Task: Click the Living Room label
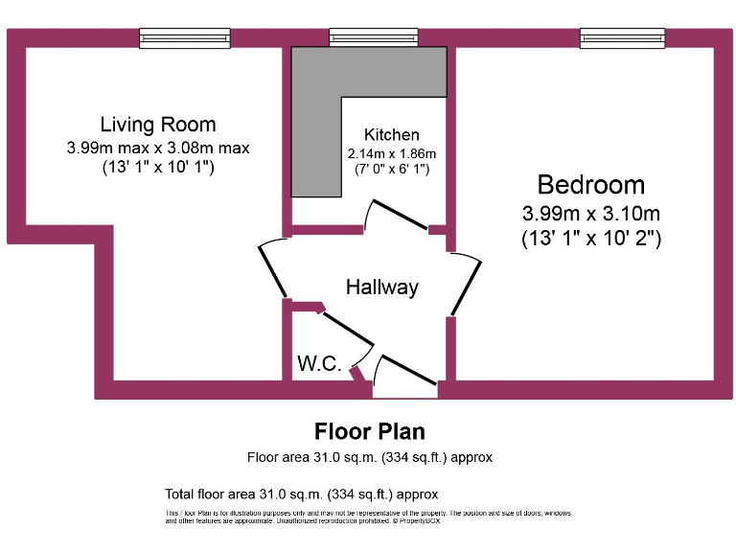point(158,125)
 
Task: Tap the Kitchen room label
point(391,135)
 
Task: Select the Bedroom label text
point(590,185)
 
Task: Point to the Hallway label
point(382,287)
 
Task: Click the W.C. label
point(319,363)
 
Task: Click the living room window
point(185,37)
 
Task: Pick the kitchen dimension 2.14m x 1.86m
point(391,153)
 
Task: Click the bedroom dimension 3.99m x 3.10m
point(590,213)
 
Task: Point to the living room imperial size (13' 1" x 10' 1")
point(158,167)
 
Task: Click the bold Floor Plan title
point(370,431)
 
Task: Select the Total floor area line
point(302,494)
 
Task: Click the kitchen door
point(396,216)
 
